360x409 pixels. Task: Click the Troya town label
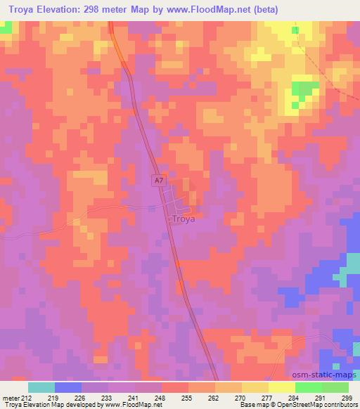pyautogui.click(x=185, y=219)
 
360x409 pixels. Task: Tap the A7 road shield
pyautogui.click(x=160, y=181)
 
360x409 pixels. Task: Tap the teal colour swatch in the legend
pyautogui.click(x=41, y=387)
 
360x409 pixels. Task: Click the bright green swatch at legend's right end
pyautogui.click(x=335, y=387)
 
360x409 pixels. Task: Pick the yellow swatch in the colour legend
pyautogui.click(x=282, y=387)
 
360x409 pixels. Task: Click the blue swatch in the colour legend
pyautogui.click(x=68, y=387)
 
